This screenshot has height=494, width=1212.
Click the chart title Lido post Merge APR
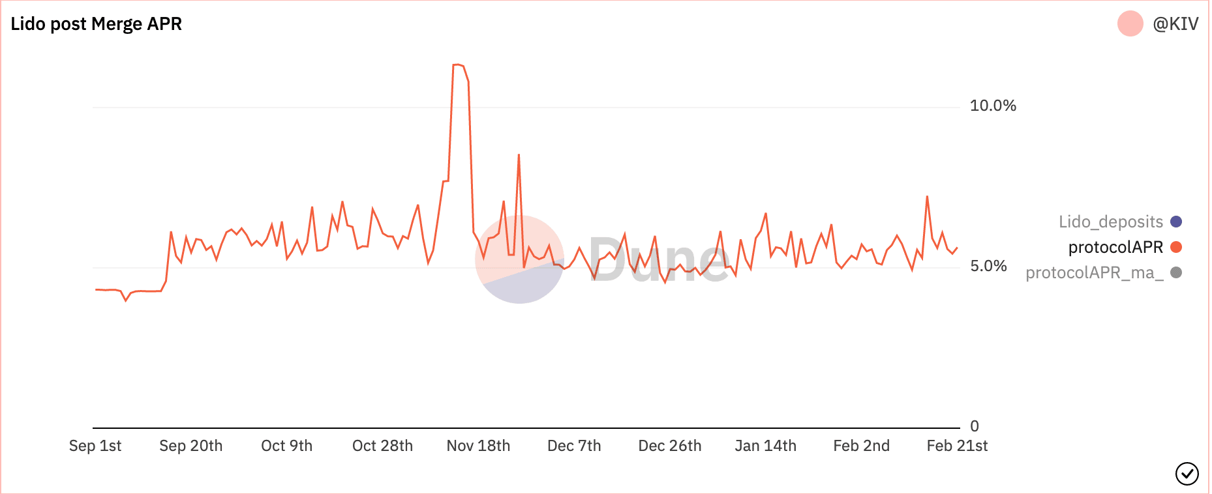click(x=96, y=24)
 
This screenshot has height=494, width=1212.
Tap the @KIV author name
click(x=1175, y=24)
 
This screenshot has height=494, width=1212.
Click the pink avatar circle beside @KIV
click(x=1130, y=24)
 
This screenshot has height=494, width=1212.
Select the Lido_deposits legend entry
click(x=1110, y=222)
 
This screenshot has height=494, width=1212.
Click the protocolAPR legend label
click(x=1115, y=247)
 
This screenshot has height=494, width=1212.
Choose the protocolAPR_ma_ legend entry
click(x=1094, y=272)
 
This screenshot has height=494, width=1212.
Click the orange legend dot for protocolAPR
click(x=1176, y=247)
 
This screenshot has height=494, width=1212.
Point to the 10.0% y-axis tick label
click(x=993, y=106)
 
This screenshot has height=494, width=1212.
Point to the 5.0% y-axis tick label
click(x=988, y=266)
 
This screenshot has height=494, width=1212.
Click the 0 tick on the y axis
click(x=975, y=426)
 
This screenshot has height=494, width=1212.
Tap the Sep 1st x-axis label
click(x=95, y=446)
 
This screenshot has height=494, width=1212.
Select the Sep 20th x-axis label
click(x=191, y=446)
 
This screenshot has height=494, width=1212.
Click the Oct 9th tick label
click(x=287, y=446)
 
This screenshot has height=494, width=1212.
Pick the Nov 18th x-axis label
click(x=478, y=446)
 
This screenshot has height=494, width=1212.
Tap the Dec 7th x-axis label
click(x=574, y=446)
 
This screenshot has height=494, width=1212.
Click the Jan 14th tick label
click(x=766, y=446)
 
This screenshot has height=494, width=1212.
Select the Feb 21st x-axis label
click(x=957, y=446)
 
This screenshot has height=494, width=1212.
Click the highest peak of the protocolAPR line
click(x=458, y=65)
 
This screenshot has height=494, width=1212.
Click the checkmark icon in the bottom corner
click(x=1187, y=474)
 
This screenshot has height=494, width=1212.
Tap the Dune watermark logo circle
click(x=519, y=259)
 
